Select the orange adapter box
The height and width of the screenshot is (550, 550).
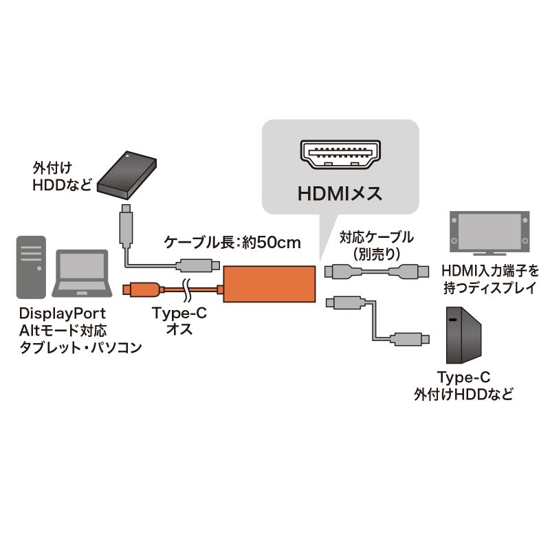[x=269, y=286]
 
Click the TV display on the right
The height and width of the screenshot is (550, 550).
[x=489, y=230]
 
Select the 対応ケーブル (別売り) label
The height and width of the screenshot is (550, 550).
[x=377, y=245]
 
